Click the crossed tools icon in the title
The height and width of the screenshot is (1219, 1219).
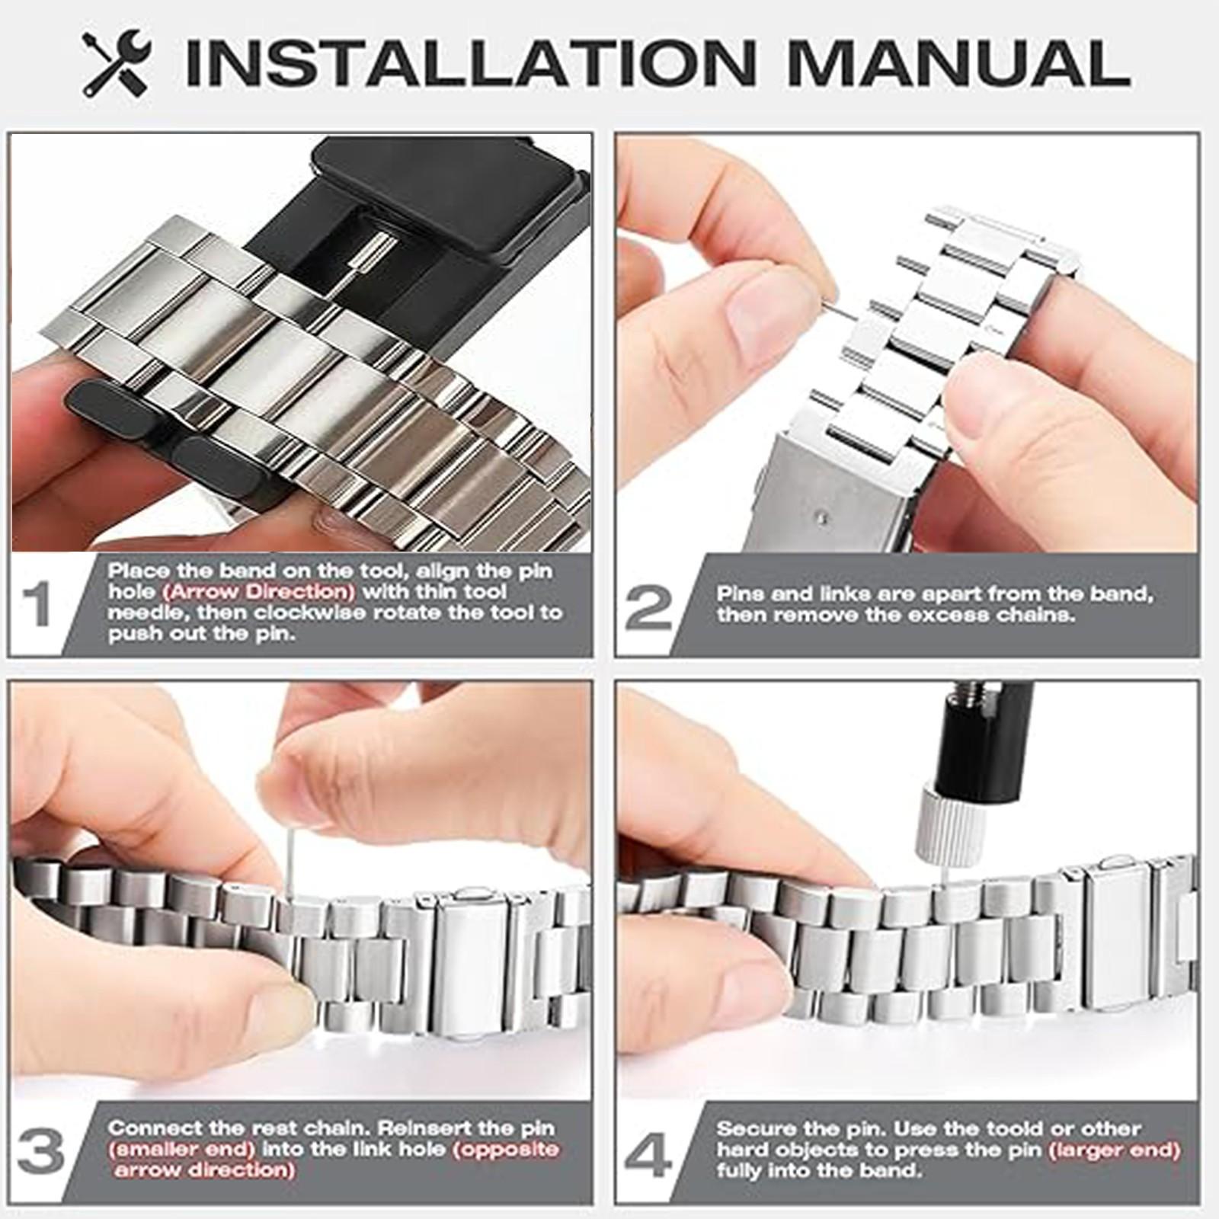pyautogui.click(x=116, y=62)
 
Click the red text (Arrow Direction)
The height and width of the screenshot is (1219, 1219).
pyautogui.click(x=261, y=592)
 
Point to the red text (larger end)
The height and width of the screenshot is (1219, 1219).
pyautogui.click(x=1114, y=1150)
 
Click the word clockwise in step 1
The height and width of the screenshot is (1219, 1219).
pyautogui.click(x=321, y=613)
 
